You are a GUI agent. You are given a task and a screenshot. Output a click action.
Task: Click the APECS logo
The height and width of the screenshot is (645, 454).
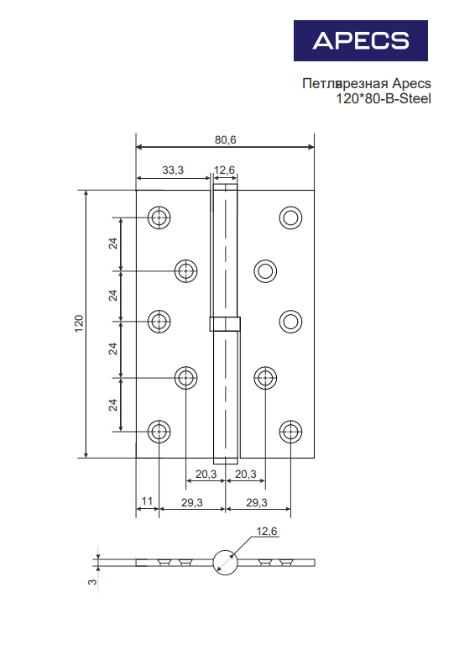[360, 40]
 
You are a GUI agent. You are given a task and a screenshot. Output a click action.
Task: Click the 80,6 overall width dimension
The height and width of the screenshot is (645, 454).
[226, 140]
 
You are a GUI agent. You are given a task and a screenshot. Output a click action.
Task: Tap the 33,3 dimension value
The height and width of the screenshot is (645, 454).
[173, 170]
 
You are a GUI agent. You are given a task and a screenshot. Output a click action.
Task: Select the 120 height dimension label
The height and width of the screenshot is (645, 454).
[79, 323]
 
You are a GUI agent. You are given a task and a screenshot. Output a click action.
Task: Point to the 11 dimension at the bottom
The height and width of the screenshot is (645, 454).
[147, 501]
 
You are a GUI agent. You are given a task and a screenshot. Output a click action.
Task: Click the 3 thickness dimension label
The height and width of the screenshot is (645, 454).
[92, 582]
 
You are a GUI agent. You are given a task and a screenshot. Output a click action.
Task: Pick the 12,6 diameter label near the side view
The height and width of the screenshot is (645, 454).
[267, 532]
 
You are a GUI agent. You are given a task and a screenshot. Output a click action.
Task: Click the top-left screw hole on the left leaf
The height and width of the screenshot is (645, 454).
[159, 218]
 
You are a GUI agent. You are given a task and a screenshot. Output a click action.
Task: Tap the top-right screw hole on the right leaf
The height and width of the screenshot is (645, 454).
[290, 218]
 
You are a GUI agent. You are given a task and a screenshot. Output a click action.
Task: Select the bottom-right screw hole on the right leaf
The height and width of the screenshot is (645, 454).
[290, 432]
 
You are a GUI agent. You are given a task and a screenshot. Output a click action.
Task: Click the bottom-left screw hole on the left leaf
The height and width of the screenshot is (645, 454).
[159, 432]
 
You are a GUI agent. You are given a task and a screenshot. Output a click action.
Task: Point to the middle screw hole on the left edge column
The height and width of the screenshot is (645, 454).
[159, 322]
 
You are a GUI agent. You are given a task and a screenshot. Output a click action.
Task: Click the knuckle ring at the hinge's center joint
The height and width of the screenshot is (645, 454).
[225, 323]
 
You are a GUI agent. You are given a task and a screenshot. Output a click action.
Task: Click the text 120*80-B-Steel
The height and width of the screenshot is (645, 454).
[384, 99]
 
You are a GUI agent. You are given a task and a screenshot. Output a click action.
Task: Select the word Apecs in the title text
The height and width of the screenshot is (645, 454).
[411, 83]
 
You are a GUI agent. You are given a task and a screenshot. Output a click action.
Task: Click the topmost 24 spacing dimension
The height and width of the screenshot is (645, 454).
[112, 244]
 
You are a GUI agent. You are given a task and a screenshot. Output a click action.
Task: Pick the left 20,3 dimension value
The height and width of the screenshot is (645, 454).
[206, 475]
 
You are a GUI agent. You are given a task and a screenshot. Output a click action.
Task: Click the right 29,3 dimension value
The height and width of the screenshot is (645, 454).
[257, 502]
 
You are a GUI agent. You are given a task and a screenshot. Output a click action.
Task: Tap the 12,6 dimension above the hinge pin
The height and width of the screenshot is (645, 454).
[224, 170]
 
